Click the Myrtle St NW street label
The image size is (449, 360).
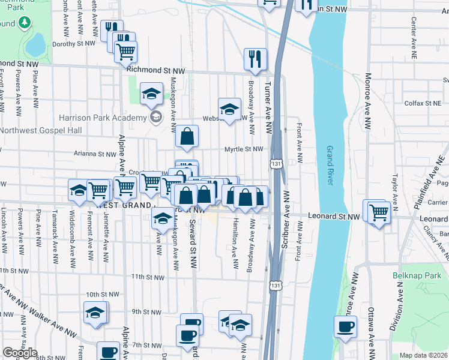click(244, 149)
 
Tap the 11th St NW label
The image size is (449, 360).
click(148, 277)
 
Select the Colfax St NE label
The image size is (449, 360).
click(424, 103)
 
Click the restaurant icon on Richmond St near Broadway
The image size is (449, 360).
click(255, 59)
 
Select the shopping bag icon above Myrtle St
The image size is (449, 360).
click(187, 136)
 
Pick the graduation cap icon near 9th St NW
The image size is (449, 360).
click(95, 313)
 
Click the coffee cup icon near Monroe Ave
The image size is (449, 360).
click(346, 327)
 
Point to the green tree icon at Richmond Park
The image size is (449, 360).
click(25, 23)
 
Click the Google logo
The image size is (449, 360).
click(20, 353)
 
